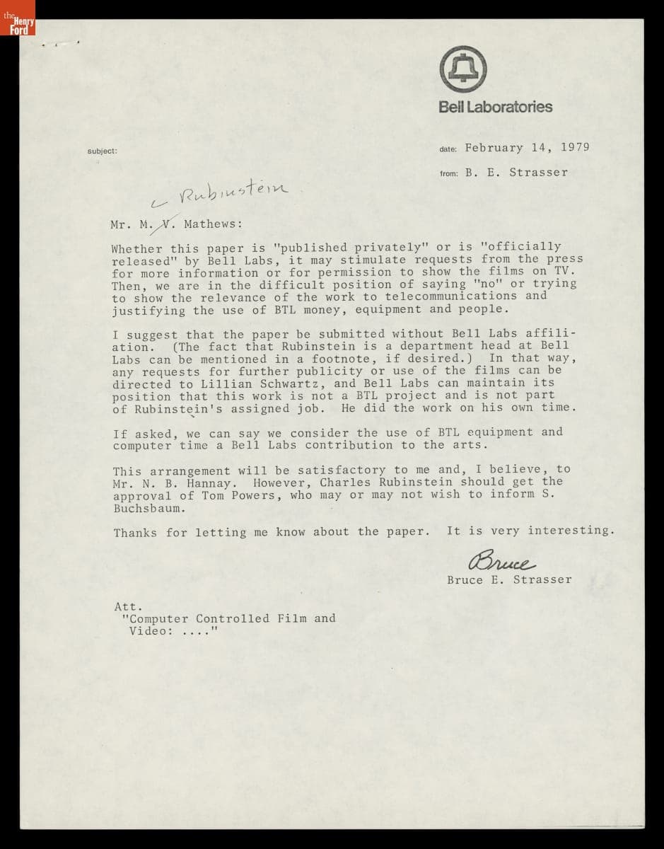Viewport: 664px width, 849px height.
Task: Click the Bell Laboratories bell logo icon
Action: (463, 69)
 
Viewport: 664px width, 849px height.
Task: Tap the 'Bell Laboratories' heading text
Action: (495, 107)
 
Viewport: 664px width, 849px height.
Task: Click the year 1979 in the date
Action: (574, 148)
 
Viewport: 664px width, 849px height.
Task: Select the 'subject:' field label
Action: (102, 151)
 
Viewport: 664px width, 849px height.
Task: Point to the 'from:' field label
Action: (449, 173)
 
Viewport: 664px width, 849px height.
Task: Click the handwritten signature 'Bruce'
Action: (501, 562)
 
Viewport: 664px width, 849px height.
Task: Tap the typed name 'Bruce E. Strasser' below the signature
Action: (508, 580)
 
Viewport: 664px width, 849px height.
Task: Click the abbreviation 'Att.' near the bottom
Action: (128, 606)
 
